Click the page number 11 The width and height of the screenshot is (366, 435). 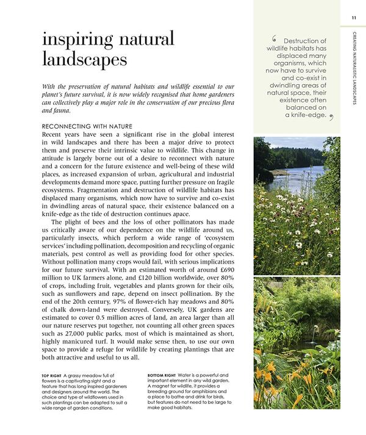point(354,18)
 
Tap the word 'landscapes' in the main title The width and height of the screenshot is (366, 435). point(85,60)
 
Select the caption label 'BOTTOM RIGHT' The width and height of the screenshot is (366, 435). point(165,375)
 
